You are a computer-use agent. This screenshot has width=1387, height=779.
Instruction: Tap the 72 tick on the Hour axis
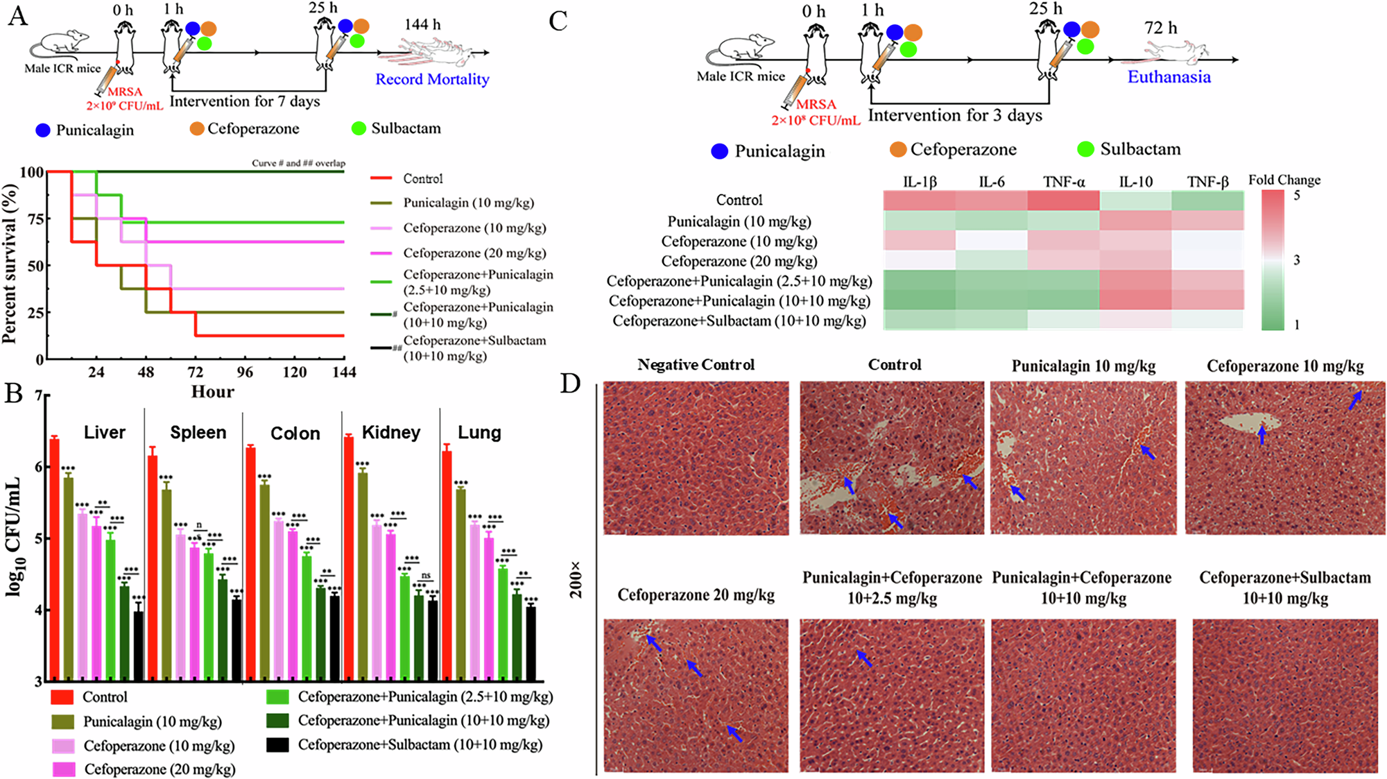[196, 372]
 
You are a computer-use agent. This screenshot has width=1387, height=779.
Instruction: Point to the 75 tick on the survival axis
[34, 219]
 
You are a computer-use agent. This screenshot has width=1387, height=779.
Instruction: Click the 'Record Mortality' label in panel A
[432, 79]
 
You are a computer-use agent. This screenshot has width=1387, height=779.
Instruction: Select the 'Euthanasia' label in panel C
[1169, 77]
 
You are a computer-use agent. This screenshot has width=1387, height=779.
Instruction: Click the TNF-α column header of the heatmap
[1063, 182]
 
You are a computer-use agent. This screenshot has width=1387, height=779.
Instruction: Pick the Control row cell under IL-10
[1135, 200]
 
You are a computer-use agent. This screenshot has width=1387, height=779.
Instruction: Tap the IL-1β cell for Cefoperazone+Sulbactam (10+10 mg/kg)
[919, 320]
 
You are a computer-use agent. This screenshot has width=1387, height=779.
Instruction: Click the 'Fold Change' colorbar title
[1284, 180]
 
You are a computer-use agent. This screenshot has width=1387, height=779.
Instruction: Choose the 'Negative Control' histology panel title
[696, 365]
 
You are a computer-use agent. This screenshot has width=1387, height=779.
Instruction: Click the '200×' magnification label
[576, 580]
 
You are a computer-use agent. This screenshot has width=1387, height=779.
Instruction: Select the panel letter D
[570, 383]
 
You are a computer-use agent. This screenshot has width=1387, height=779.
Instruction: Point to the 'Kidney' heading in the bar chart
[391, 433]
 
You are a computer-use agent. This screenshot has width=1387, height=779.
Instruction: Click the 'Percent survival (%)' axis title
[10, 264]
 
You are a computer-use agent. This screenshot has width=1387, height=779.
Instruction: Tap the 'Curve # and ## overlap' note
[298, 163]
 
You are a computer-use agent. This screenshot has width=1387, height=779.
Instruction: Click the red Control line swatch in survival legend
[382, 178]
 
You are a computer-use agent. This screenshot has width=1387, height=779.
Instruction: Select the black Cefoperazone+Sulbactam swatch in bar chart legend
[278, 745]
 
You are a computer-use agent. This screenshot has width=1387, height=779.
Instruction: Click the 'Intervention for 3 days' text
[955, 115]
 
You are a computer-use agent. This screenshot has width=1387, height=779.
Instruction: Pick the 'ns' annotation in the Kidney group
[427, 576]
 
